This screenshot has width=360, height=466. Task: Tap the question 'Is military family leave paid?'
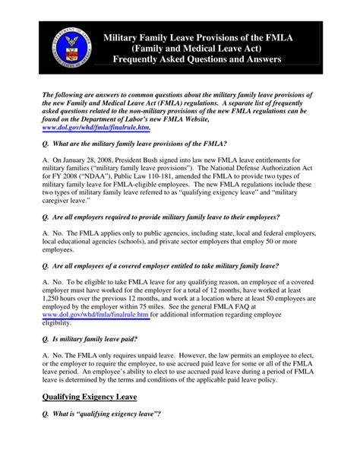click(x=105, y=347)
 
